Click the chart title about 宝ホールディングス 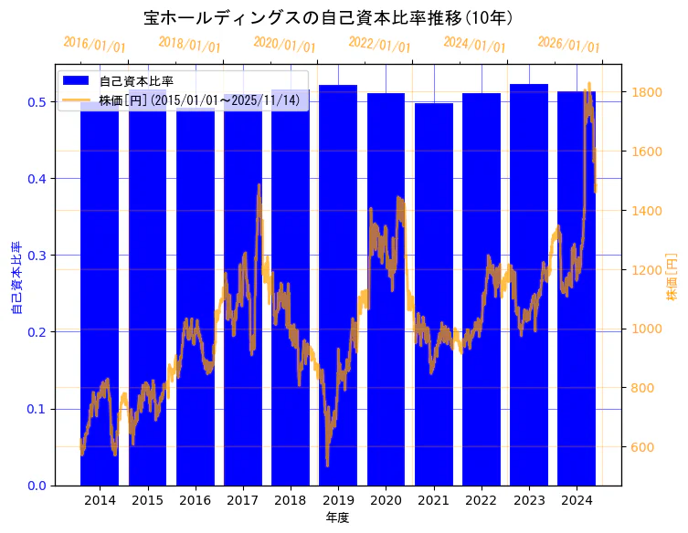click(x=328, y=17)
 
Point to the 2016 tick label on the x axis click(x=195, y=501)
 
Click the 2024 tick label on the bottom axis click(x=577, y=501)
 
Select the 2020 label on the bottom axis click(x=386, y=501)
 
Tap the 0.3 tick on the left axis click(x=37, y=256)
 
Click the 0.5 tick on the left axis click(x=37, y=102)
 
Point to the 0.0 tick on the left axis click(x=37, y=486)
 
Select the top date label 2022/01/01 click(x=379, y=45)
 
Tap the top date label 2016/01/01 click(x=94, y=45)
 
